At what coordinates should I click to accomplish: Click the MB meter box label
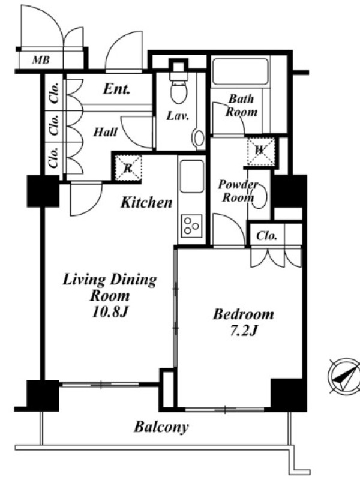41,59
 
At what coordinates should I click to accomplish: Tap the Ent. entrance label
116,89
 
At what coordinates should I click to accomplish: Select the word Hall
106,132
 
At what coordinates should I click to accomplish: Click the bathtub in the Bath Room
241,71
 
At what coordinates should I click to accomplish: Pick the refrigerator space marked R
128,168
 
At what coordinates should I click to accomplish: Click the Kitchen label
146,203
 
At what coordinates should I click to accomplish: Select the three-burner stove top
192,226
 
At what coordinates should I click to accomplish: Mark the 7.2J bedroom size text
244,330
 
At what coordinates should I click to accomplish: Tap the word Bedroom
244,314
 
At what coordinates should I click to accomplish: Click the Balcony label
161,427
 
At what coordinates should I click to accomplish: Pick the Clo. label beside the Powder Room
267,236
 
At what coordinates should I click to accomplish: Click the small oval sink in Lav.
199,139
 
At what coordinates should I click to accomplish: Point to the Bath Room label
242,106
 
